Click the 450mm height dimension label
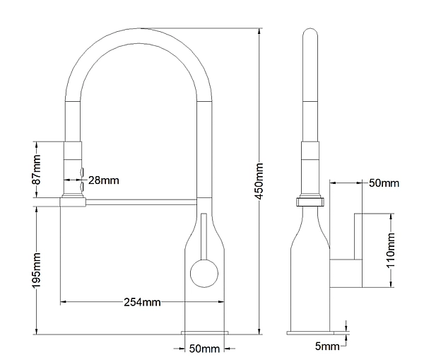[x=259, y=181]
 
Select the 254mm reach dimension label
[x=142, y=302]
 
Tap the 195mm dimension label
[x=36, y=270]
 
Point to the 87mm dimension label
[x=36, y=170]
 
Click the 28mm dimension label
[x=104, y=180]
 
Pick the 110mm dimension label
[x=391, y=250]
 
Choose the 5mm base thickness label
[x=327, y=346]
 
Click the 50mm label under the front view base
[x=204, y=349]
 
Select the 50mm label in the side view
[x=384, y=183]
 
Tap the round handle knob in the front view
[x=204, y=274]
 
